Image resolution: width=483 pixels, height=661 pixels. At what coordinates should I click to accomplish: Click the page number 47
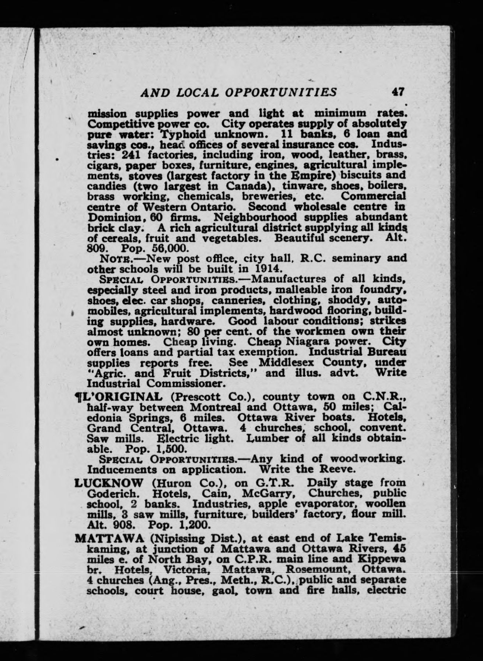point(399,91)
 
